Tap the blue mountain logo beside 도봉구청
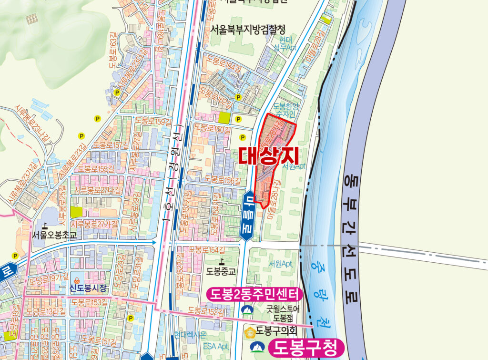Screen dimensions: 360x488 tap(257, 347)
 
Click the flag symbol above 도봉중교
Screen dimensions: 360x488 tap(222, 261)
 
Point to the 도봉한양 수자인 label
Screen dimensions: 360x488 tap(287, 110)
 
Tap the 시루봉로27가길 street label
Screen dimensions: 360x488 tap(95, 223)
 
